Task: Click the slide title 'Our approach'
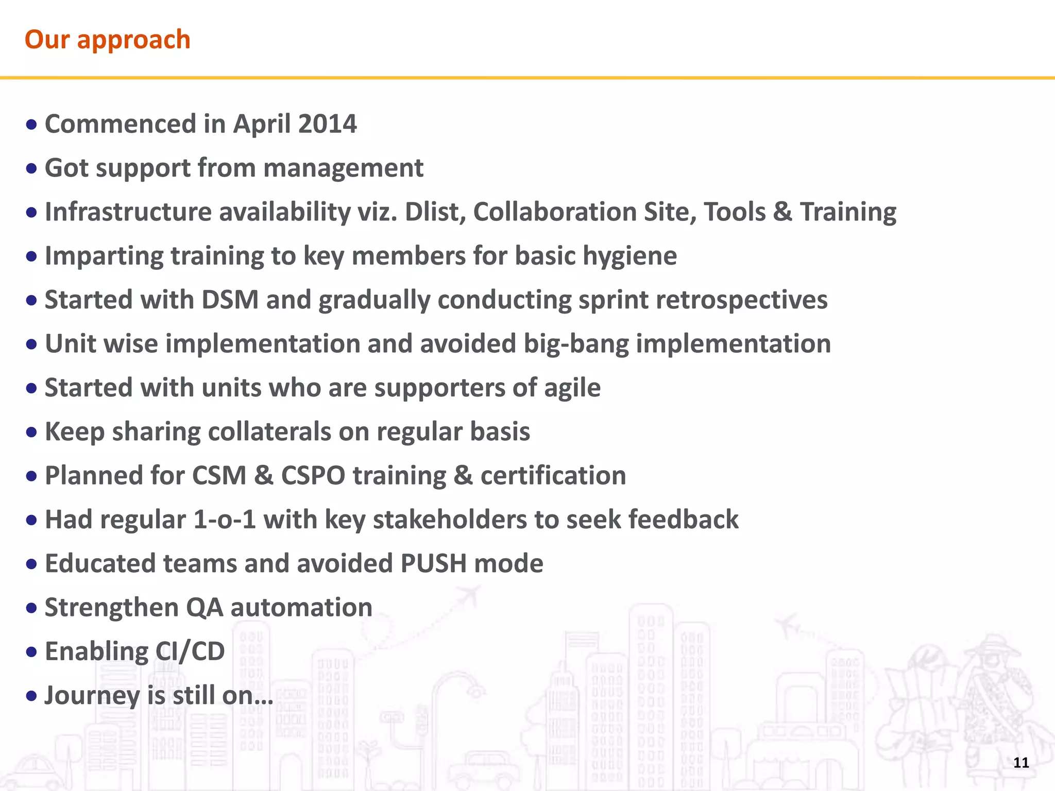tap(107, 40)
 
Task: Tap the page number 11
tap(1020, 762)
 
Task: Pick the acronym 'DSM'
tap(230, 300)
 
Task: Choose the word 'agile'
tap(572, 388)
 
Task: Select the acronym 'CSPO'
tap(313, 475)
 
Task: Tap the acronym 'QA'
tap(205, 608)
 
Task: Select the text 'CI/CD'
tap(190, 651)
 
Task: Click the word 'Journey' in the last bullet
tap(92, 696)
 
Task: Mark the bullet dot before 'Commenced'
tap(31, 125)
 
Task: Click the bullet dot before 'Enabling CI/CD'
tap(31, 652)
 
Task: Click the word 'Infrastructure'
tap(128, 212)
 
